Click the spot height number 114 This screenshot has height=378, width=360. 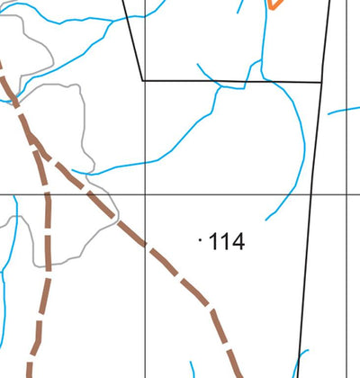pos(226,241)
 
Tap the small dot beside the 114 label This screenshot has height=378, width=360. pos(199,240)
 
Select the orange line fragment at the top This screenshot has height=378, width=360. pos(274,4)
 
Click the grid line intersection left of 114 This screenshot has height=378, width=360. pos(146,194)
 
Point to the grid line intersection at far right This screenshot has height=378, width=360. pos(347,194)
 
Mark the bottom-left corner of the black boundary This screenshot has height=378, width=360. pos(143,80)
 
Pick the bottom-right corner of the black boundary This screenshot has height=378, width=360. pos(321,82)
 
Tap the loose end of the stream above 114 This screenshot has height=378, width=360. pos(266,220)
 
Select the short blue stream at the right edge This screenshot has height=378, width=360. pos(344,111)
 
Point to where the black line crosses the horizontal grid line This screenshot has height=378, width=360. pos(310,194)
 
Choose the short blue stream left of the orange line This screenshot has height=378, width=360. pos(239,7)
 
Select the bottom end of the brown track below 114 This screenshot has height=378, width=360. pos(240,374)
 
